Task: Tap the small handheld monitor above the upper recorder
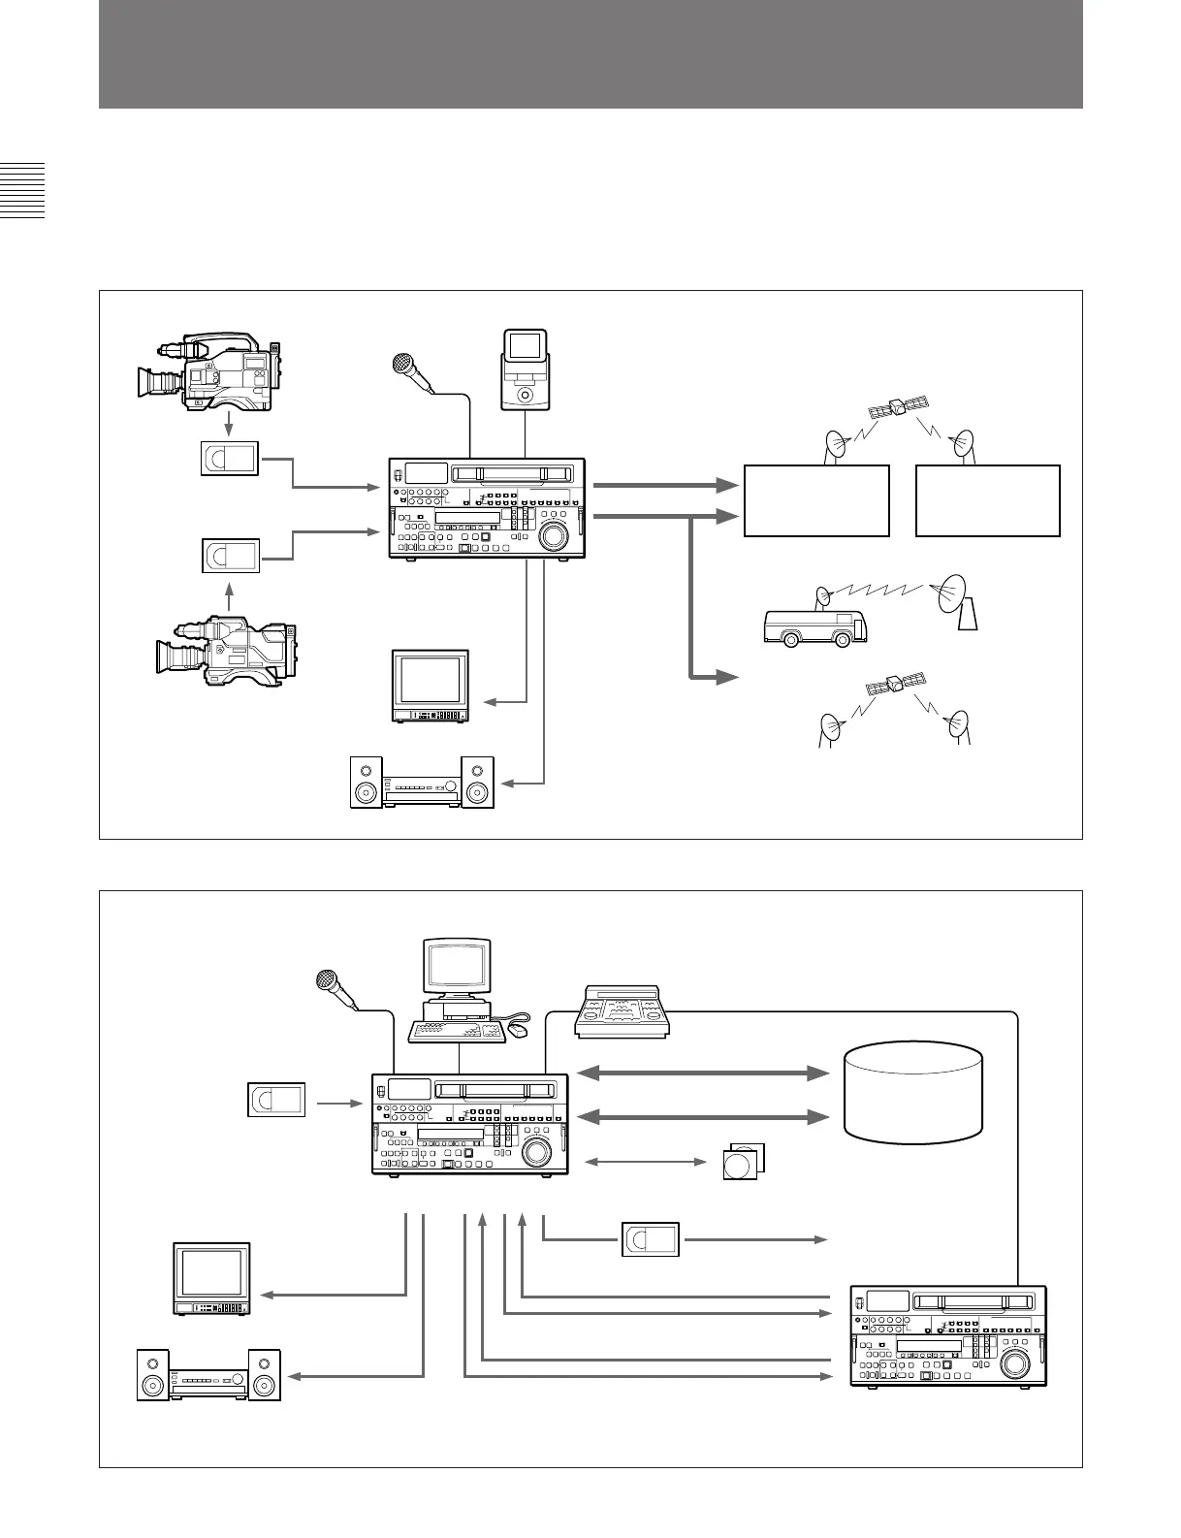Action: coord(525,368)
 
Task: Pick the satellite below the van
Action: coord(894,685)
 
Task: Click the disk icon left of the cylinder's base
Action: coord(743,1161)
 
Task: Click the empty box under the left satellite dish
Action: coord(816,500)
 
